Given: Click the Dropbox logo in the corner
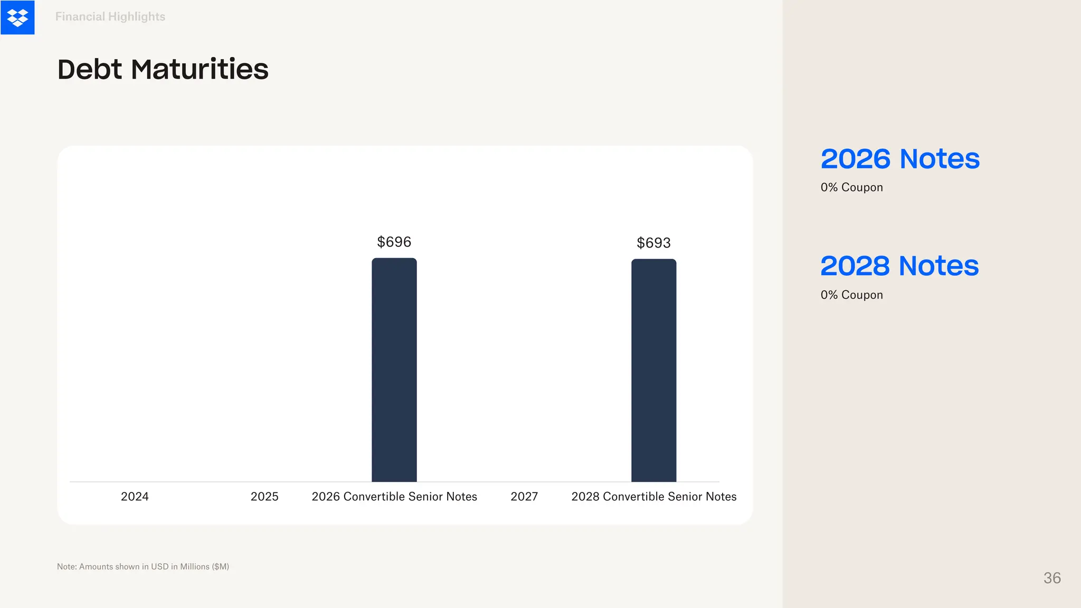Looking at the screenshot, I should (17, 17).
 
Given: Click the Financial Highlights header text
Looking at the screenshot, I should (110, 17).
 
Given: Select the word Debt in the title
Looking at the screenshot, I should (90, 70).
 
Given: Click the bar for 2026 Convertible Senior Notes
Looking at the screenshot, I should (394, 369).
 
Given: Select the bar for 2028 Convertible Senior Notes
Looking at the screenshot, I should (653, 369).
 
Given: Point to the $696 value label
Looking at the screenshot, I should (394, 242).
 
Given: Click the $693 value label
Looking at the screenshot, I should (653, 243).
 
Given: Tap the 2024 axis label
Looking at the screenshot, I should (135, 497).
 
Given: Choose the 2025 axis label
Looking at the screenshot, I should (264, 497).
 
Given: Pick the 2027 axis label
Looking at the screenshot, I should (524, 497).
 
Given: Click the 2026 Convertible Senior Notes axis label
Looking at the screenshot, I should (394, 497).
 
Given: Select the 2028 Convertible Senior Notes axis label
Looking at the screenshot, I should (653, 497).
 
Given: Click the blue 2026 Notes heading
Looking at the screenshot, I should (900, 159).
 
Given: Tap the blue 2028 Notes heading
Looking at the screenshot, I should (899, 266).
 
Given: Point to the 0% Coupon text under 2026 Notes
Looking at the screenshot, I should (851, 187).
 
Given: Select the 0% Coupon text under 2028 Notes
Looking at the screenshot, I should (851, 295).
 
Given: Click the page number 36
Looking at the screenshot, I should (1052, 578).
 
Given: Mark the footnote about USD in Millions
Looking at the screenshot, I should (143, 567).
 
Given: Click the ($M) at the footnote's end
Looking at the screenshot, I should (220, 567).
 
